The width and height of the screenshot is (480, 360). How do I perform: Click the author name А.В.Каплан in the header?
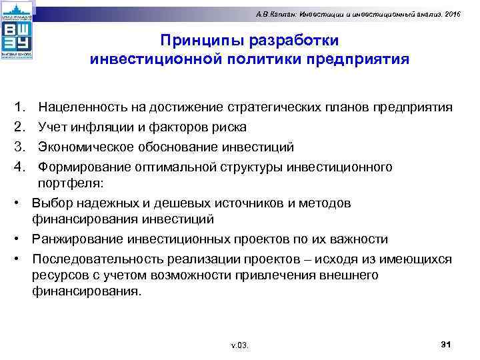(x=280, y=14)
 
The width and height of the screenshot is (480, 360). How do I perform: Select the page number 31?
(x=447, y=344)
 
